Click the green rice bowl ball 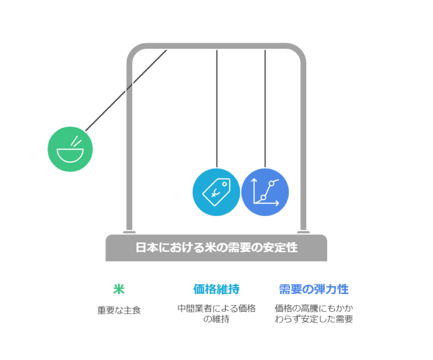[70, 149]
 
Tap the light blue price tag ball [216, 192]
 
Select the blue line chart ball [265, 192]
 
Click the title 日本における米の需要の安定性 [216, 247]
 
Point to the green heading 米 [119, 289]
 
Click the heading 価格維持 [216, 289]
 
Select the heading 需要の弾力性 [314, 289]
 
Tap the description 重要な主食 [119, 310]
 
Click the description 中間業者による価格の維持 [216, 313]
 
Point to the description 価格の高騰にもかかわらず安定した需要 [314, 313]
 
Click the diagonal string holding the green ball [126, 90]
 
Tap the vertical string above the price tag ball [217, 109]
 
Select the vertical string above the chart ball [265, 109]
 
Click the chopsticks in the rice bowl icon [76, 141]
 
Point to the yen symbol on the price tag [215, 192]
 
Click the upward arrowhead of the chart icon [254, 180]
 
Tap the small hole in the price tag [225, 184]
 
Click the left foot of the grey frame [129, 232]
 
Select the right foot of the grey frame [303, 232]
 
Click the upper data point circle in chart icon [272, 184]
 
